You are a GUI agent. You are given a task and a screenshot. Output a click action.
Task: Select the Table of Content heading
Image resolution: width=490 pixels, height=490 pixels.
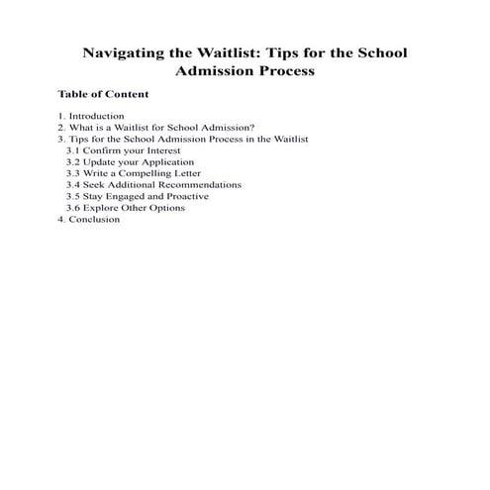[103, 95]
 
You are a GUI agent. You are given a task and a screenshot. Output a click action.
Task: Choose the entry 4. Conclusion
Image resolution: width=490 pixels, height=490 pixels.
[88, 220]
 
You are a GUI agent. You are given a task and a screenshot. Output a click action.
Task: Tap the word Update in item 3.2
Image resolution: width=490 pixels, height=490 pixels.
[103, 162]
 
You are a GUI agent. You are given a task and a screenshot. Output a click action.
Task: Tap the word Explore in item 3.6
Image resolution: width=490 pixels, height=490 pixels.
[104, 208]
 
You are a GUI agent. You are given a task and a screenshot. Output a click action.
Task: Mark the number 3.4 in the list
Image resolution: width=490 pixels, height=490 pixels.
[73, 185]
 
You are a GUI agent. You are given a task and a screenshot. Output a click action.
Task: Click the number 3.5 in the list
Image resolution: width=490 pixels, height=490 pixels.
[73, 197]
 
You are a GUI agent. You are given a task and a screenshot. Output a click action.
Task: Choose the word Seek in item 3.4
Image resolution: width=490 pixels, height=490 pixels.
[95, 185]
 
